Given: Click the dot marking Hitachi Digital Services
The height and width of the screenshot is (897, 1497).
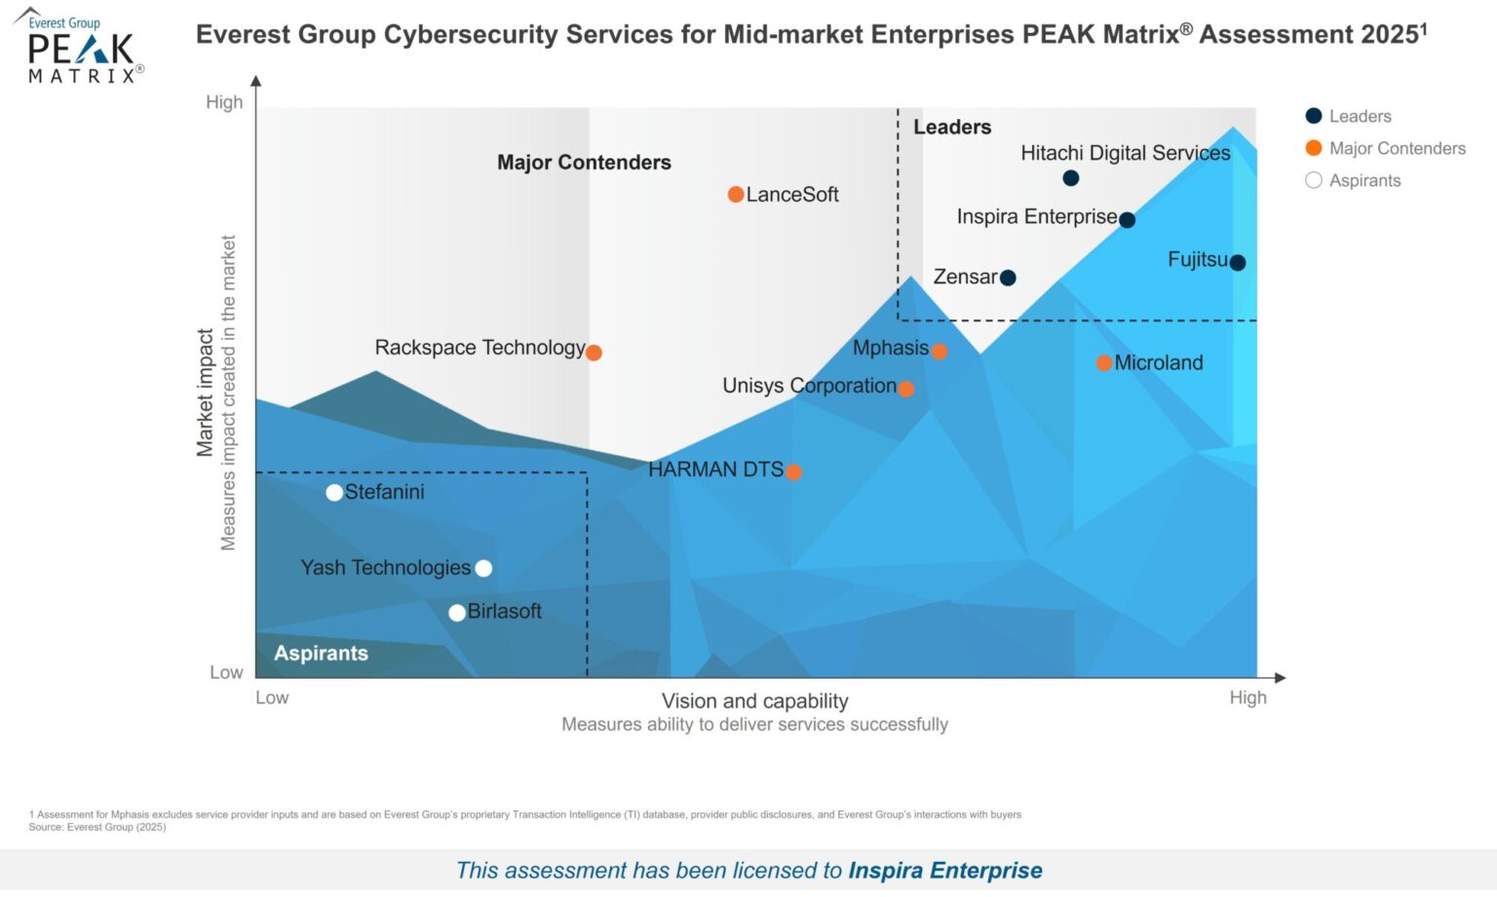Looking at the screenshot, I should point(1070,178).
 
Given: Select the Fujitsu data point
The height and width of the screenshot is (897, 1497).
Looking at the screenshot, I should point(1237,263).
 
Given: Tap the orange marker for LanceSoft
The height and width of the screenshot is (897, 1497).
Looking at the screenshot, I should point(736,195).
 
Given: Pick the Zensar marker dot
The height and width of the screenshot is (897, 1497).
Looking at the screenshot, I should point(1008,279).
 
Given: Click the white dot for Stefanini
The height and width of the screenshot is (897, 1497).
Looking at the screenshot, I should point(334,493).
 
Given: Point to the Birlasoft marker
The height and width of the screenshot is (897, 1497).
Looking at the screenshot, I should point(456,613).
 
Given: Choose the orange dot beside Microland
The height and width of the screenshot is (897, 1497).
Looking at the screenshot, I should point(1103,363).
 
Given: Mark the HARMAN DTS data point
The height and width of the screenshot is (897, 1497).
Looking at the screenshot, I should point(793,472).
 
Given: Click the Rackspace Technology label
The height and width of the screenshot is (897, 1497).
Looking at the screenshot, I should point(480,348).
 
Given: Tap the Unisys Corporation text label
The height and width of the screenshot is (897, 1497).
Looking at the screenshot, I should point(809,386).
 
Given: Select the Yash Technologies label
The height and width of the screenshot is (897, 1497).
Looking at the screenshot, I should point(385,568).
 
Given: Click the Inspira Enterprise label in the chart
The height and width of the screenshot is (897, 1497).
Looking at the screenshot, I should point(1036,216).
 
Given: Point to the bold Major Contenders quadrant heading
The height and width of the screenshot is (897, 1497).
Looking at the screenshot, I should point(584,163).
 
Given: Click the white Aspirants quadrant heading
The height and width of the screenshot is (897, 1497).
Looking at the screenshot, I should point(321,654).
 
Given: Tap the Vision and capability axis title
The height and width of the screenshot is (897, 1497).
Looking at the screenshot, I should point(754,701).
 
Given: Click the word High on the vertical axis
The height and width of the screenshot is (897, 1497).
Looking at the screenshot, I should point(224,102).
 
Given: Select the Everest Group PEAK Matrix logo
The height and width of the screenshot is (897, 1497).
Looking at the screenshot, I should point(80,47).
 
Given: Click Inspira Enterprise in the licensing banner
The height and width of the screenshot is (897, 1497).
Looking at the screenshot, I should point(944,870).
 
